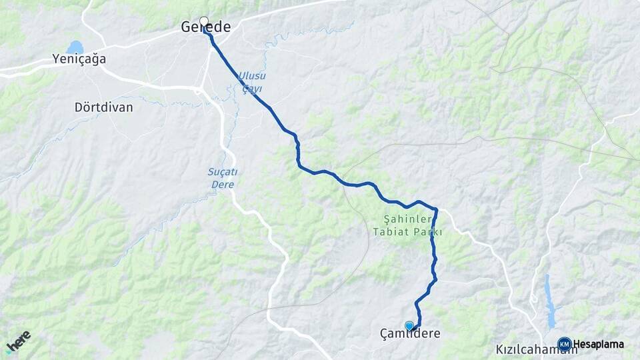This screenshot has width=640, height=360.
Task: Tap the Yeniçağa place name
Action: click(x=79, y=59)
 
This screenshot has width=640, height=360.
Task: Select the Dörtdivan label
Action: click(x=103, y=107)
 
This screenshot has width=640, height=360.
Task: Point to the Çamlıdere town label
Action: click(x=410, y=333)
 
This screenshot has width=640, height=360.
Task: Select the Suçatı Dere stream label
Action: click(x=222, y=178)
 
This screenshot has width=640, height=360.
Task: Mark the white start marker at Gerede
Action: click(x=204, y=21)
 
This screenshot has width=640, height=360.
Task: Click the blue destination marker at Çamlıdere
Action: click(x=409, y=325)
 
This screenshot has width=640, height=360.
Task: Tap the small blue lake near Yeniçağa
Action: click(x=75, y=47)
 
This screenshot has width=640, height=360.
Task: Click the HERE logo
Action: click(x=19, y=341)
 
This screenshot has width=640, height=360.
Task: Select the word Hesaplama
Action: click(x=598, y=344)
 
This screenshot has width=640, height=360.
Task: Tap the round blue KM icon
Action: click(x=564, y=344)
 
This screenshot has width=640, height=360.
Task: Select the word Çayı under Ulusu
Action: click(x=253, y=88)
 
